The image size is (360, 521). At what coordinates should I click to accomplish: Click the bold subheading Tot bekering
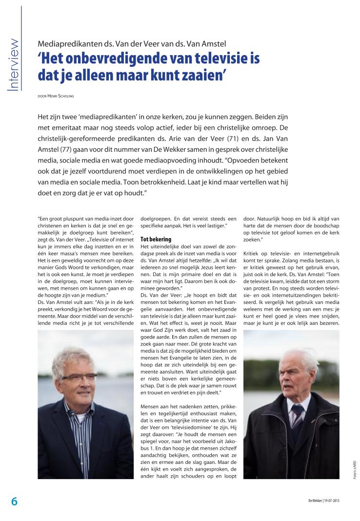click(156, 240)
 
